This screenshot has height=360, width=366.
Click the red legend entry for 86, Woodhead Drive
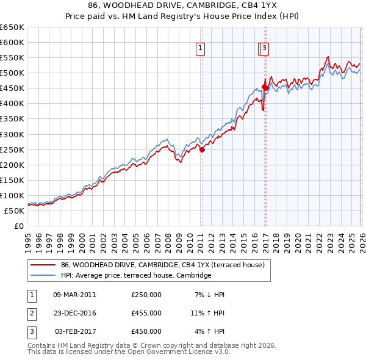pyautogui.click(x=162, y=265)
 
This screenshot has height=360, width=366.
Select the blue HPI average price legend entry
pyautogui.click(x=135, y=276)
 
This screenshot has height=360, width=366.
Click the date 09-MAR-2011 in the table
pyautogui.click(x=74, y=295)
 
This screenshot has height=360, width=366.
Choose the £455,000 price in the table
pyautogui.click(x=146, y=313)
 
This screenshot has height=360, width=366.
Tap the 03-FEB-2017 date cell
pyautogui.click(x=75, y=331)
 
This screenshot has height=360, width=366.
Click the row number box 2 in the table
pyautogui.click(x=31, y=313)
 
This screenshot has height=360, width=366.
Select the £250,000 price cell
pyautogui.click(x=146, y=295)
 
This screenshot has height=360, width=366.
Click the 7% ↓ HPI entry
pyautogui.click(x=209, y=295)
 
